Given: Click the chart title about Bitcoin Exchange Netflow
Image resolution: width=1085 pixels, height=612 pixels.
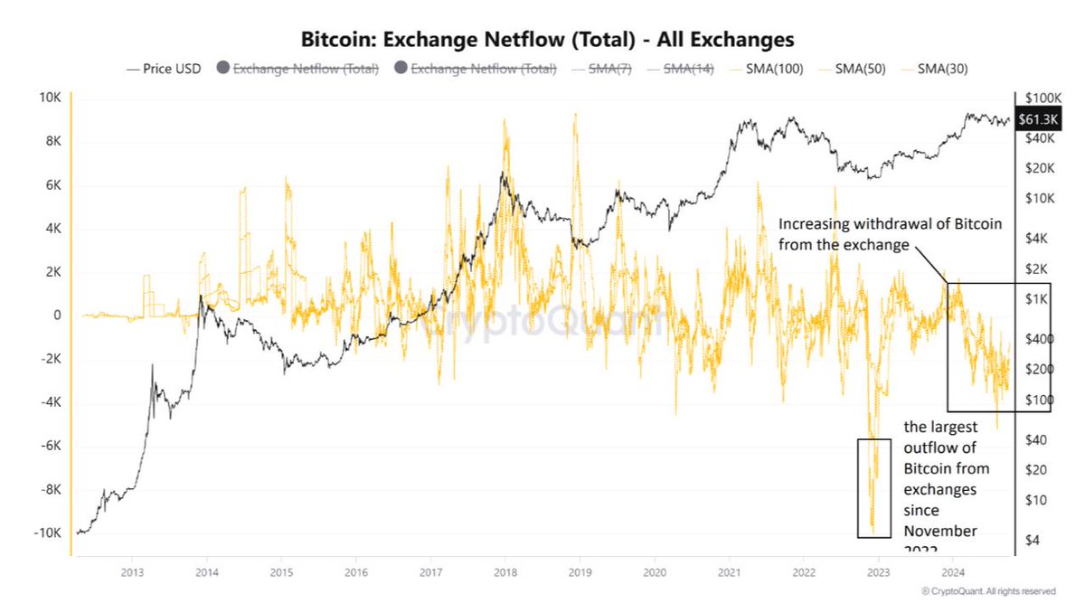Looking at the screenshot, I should coord(546,39).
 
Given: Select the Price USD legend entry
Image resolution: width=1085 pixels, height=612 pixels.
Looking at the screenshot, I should coord(165,69).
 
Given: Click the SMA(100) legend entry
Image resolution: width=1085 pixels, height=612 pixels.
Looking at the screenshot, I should coord(768,69).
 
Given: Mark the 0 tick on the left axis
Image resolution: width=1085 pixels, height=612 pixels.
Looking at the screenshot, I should coord(56,315).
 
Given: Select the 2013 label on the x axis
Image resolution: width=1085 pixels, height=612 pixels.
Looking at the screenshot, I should coord(132,572).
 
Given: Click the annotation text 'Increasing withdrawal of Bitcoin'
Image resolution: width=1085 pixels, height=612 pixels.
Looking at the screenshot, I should coord(890,224).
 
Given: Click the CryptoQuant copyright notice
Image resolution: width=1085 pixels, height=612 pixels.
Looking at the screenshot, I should coord(988,591).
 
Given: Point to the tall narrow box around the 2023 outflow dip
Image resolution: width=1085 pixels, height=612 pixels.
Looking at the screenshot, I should coord(874,488).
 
